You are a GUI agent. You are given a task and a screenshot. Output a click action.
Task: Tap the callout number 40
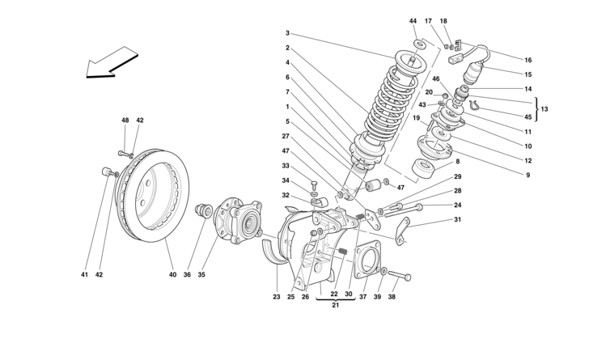click(x=172, y=274)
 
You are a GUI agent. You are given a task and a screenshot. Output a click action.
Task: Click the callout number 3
click(x=286, y=33)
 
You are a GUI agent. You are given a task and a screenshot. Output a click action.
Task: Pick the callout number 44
click(x=413, y=20)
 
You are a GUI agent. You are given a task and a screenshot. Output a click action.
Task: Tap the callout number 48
click(x=125, y=121)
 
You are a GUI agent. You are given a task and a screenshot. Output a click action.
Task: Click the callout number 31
click(x=457, y=219)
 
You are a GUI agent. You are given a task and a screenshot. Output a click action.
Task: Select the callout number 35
click(x=202, y=274)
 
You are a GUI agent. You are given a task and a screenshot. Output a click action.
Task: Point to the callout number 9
click(x=528, y=176)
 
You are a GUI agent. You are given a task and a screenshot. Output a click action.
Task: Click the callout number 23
click(x=277, y=296)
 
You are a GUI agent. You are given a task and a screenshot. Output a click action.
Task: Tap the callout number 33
click(x=286, y=166)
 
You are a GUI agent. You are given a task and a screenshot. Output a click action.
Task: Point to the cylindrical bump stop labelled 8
click(x=423, y=172)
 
